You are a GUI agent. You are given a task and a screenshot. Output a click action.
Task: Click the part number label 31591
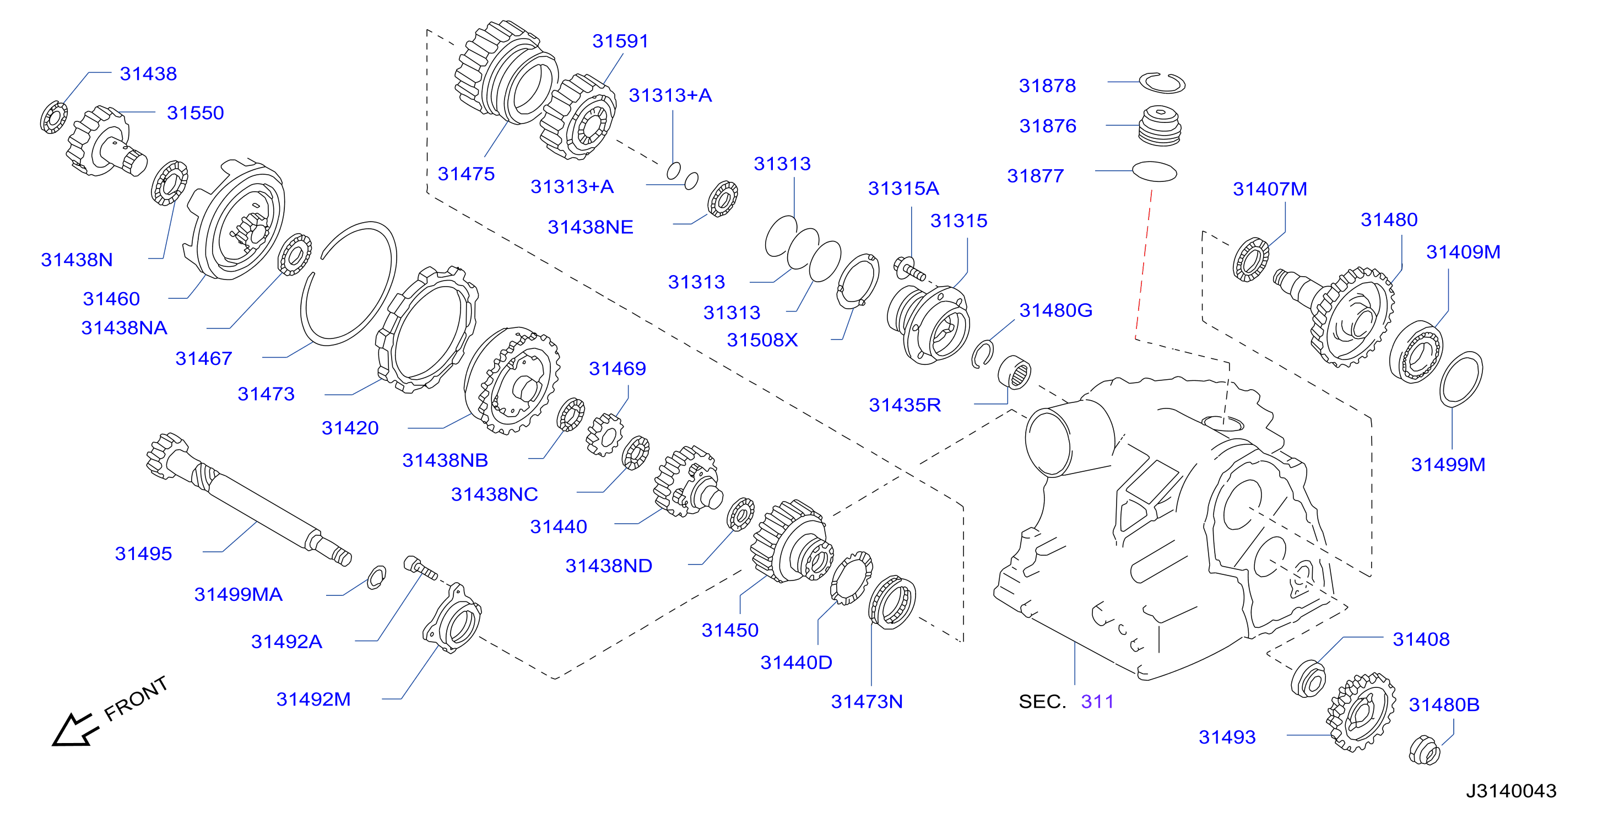pyautogui.click(x=620, y=41)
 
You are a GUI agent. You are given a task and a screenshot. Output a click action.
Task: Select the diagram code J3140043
pyautogui.click(x=1511, y=791)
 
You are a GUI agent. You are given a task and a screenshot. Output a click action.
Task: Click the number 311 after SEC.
pyautogui.click(x=1097, y=702)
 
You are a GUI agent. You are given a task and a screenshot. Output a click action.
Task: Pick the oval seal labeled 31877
pyautogui.click(x=1154, y=171)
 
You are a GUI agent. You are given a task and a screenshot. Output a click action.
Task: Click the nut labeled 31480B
pyautogui.click(x=1424, y=750)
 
